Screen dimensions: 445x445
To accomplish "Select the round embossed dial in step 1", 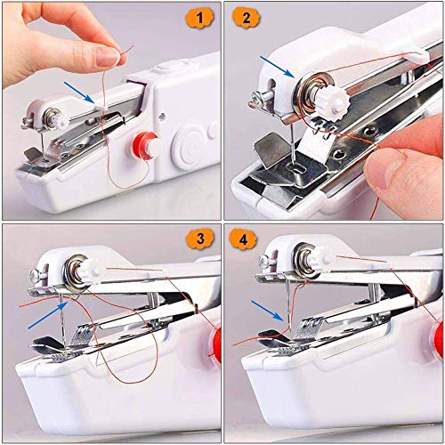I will click(x=184, y=142).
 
